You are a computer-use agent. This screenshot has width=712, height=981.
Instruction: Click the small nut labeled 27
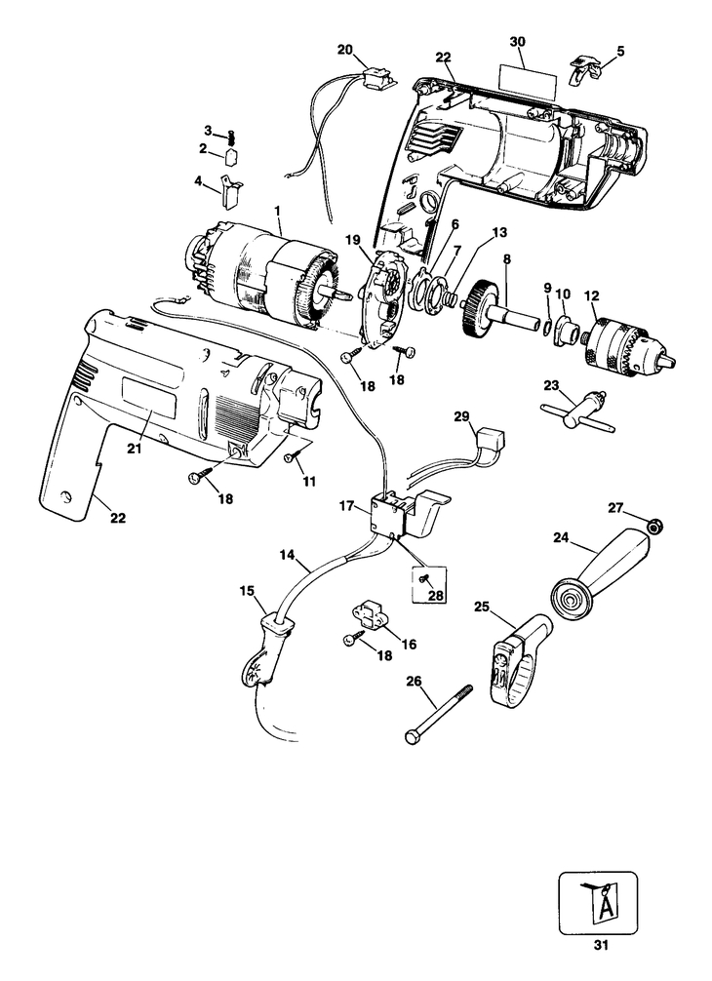[656, 526]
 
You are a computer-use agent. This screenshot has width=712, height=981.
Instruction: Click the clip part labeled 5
[588, 67]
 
